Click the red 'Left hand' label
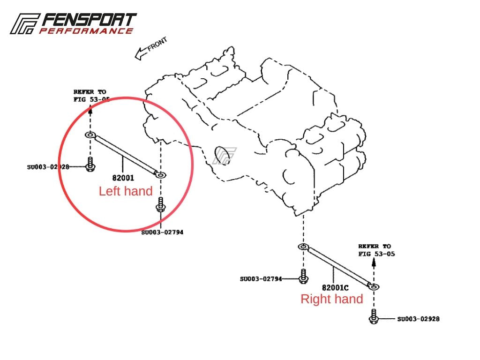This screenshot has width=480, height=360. point(126,191)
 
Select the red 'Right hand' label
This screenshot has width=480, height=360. point(331,299)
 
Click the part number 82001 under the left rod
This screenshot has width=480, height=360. point(123,178)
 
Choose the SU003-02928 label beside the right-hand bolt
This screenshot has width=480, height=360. point(418,319)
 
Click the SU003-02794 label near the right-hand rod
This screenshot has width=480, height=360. point(261,279)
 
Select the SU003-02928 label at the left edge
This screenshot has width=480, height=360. point(48,166)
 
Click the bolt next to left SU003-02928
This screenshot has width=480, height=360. point(90,165)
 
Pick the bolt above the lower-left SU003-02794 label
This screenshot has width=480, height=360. point(160,205)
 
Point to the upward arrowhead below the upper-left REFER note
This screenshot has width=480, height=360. point(90,110)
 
